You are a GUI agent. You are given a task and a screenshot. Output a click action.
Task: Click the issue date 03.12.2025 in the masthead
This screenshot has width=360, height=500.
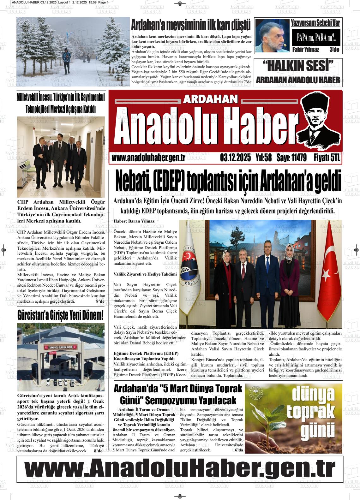coord(235,158)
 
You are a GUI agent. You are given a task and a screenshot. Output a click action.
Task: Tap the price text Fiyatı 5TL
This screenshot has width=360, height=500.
coord(327,158)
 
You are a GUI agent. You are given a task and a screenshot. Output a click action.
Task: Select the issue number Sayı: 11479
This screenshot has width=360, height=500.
coord(291,158)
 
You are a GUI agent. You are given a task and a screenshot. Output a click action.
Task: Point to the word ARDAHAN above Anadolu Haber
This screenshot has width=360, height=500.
coord(210,99)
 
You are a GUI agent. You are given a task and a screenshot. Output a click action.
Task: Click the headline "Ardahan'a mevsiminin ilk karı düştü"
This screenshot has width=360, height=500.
coord(190,25)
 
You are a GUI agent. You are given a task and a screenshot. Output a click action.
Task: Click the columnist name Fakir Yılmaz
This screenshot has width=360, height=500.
coord(305,50)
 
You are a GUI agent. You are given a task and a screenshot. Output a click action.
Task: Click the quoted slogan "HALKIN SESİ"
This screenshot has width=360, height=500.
coord(298,66)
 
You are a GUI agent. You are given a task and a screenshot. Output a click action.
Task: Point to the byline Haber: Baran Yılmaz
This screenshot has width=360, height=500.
coord(134,221)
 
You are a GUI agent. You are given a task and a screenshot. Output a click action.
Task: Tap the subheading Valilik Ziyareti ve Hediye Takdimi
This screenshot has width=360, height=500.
coord(145,274)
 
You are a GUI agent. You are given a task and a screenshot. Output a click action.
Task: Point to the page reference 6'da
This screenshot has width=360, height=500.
coord(239,450)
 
